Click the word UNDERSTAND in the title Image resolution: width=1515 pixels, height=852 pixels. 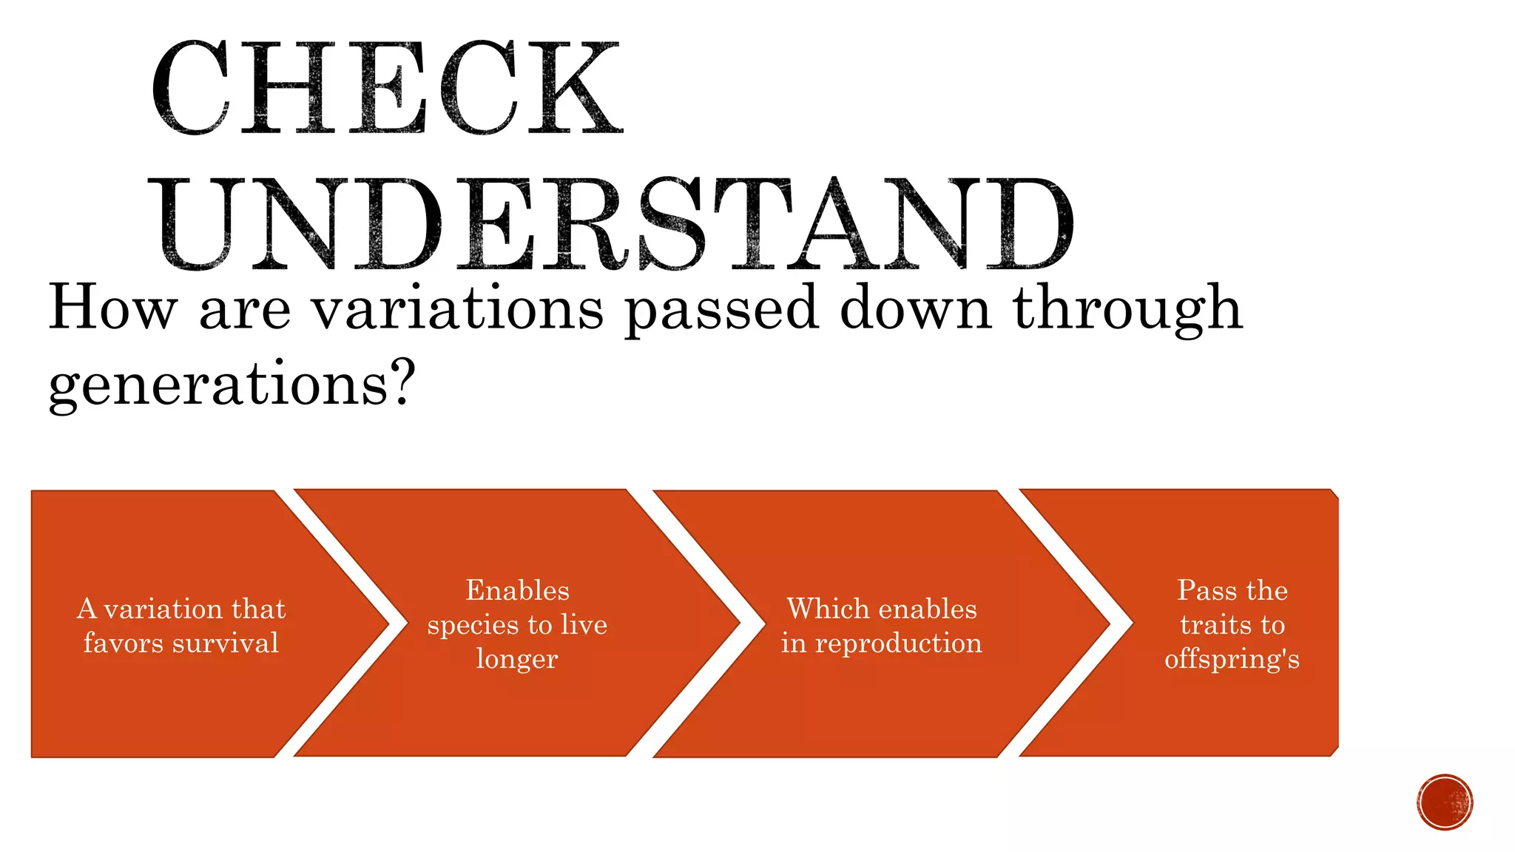point(614,223)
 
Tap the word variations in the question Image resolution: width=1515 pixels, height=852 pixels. point(456,309)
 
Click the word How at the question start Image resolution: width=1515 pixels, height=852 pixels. point(112,308)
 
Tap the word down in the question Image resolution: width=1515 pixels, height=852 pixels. point(915,308)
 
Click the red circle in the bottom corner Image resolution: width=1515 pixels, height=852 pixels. point(1445,802)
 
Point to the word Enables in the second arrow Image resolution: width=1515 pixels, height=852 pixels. point(517,590)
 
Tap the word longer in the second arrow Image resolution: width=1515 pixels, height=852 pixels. point(516,659)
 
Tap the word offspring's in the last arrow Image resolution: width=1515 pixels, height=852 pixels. point(1232,659)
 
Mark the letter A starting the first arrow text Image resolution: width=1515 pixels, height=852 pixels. point(87,609)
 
